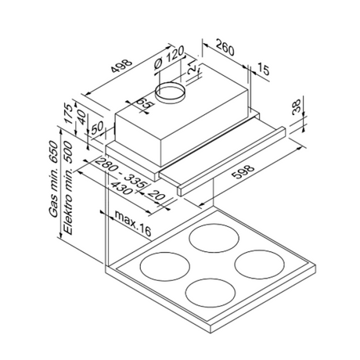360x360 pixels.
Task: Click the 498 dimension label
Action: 121,67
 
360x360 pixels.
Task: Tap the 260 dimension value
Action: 225,48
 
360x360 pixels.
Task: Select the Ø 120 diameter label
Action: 169,58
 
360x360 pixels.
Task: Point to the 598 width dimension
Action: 243,171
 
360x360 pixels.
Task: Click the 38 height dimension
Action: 297,106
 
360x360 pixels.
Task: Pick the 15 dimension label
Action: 264,69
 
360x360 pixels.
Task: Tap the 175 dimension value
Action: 68,113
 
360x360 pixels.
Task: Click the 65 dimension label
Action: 144,104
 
